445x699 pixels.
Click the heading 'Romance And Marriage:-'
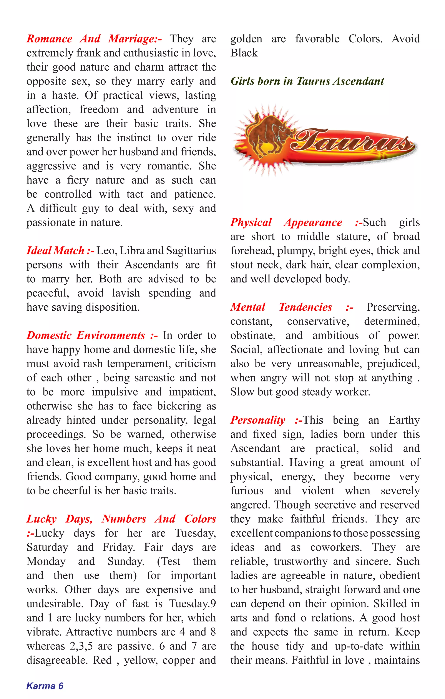94,39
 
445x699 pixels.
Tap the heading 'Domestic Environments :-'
92,336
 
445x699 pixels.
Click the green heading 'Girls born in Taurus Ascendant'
307,81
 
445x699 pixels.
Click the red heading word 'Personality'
258,420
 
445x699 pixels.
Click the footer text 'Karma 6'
45,686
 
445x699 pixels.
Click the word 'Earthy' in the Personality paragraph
404,420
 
